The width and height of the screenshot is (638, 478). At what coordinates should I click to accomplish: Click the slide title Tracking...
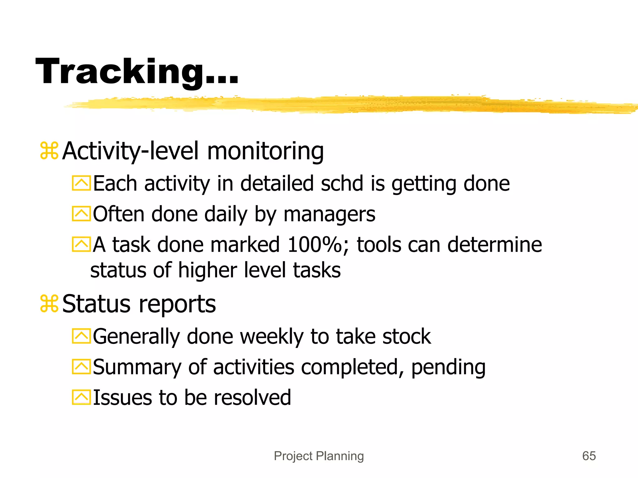[x=137, y=72]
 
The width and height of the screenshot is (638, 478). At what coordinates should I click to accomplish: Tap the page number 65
[x=589, y=456]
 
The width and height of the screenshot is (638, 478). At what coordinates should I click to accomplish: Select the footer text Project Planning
[x=319, y=456]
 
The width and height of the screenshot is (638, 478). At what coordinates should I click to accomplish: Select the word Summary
[x=137, y=368]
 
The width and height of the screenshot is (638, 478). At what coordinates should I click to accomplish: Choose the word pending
[x=448, y=368]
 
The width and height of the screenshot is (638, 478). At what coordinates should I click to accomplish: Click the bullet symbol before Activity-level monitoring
[x=49, y=151]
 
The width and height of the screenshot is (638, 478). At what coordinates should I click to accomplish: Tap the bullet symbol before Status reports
[x=49, y=304]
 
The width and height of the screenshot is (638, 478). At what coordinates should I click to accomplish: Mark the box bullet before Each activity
[x=81, y=183]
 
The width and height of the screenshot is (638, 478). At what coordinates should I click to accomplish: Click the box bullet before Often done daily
[x=81, y=214]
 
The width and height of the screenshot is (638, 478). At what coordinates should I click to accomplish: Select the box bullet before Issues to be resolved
[x=81, y=397]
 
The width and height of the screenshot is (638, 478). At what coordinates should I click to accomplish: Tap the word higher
[x=207, y=270]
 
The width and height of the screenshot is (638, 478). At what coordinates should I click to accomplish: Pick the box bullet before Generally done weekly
[x=81, y=336]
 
